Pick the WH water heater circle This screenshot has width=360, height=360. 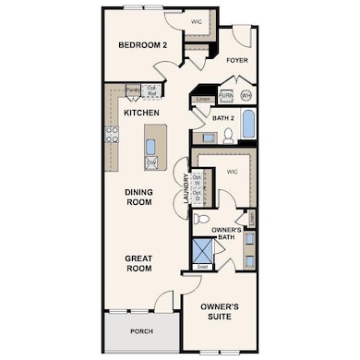click(x=246, y=95)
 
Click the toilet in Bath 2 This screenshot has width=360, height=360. click(x=227, y=137)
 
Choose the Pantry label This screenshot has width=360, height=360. click(x=133, y=90)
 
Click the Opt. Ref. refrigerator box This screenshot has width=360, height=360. click(x=152, y=91)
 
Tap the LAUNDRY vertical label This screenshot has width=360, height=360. click(x=186, y=188)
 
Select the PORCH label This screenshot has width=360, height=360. click(x=141, y=330)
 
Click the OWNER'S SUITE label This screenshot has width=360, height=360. click(x=221, y=311)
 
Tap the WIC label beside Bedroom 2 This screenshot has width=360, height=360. click(x=196, y=20)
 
